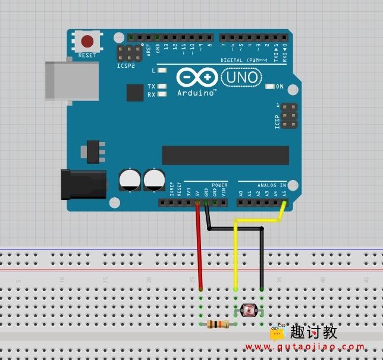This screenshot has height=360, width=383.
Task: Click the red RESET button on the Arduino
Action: [x=87, y=41]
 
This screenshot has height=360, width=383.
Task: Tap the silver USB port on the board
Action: [x=72, y=80]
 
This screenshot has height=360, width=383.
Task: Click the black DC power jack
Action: [x=83, y=184]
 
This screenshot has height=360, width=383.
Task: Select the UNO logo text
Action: [x=241, y=77]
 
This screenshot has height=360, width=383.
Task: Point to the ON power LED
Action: [x=270, y=87]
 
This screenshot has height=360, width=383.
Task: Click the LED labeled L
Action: [x=162, y=71]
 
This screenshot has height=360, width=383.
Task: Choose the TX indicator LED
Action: [x=162, y=86]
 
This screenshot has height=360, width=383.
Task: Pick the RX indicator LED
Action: [x=162, y=94]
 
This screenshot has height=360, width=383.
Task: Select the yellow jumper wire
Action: [x=236, y=255]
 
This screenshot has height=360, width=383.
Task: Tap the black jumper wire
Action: [x=261, y=255]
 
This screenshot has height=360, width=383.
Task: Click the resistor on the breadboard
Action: [x=218, y=324]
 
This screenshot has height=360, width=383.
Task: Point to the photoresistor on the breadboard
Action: [x=248, y=310]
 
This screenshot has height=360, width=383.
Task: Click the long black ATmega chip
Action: [x=225, y=156]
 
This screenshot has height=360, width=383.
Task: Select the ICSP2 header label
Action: [x=125, y=65]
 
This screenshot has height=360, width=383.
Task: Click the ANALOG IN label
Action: [x=272, y=185]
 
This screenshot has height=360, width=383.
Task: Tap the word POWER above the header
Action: [x=219, y=185]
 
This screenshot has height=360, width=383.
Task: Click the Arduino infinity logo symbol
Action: [x=197, y=78]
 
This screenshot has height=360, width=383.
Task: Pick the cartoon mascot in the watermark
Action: [x=278, y=332]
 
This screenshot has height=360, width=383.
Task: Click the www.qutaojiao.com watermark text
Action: [x=305, y=346]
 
